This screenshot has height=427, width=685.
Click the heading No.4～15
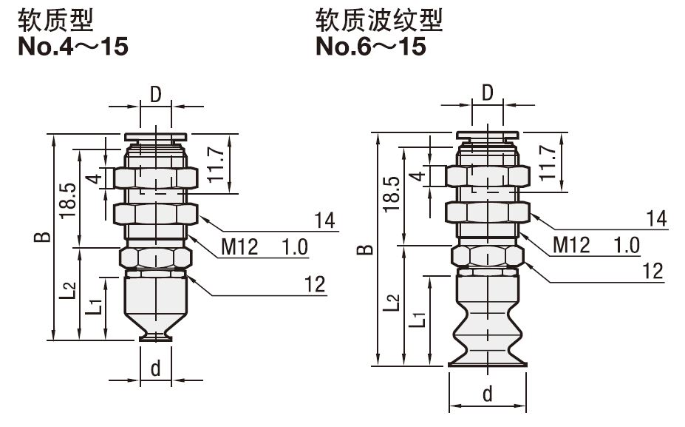pyautogui.click(x=73, y=47)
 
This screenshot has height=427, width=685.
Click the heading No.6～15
pyautogui.click(x=370, y=47)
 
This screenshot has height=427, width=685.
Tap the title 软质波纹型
pyautogui.click(x=379, y=20)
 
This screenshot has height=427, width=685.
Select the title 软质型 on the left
pyautogui.click(x=55, y=20)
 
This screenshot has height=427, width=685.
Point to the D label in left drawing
pyautogui.click(x=155, y=94)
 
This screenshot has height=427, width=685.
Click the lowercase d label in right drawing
pyautogui.click(x=487, y=394)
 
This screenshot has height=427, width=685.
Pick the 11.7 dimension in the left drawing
pyautogui.click(x=216, y=165)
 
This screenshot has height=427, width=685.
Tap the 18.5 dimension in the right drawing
pyautogui.click(x=392, y=194)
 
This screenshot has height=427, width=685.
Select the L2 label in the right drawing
pyautogui.click(x=392, y=303)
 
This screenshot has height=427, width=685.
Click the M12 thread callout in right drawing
pyautogui.click(x=571, y=245)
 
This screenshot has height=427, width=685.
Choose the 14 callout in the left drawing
pyautogui.click(x=324, y=221)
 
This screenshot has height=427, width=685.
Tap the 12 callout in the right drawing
pyautogui.click(x=652, y=272)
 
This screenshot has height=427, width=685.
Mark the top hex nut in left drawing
pyautogui.click(x=155, y=178)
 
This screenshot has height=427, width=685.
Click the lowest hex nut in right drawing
pyautogui.click(x=488, y=256)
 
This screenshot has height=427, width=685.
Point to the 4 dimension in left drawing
pyautogui.click(x=94, y=178)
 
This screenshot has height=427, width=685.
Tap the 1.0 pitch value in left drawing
pyautogui.click(x=295, y=247)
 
